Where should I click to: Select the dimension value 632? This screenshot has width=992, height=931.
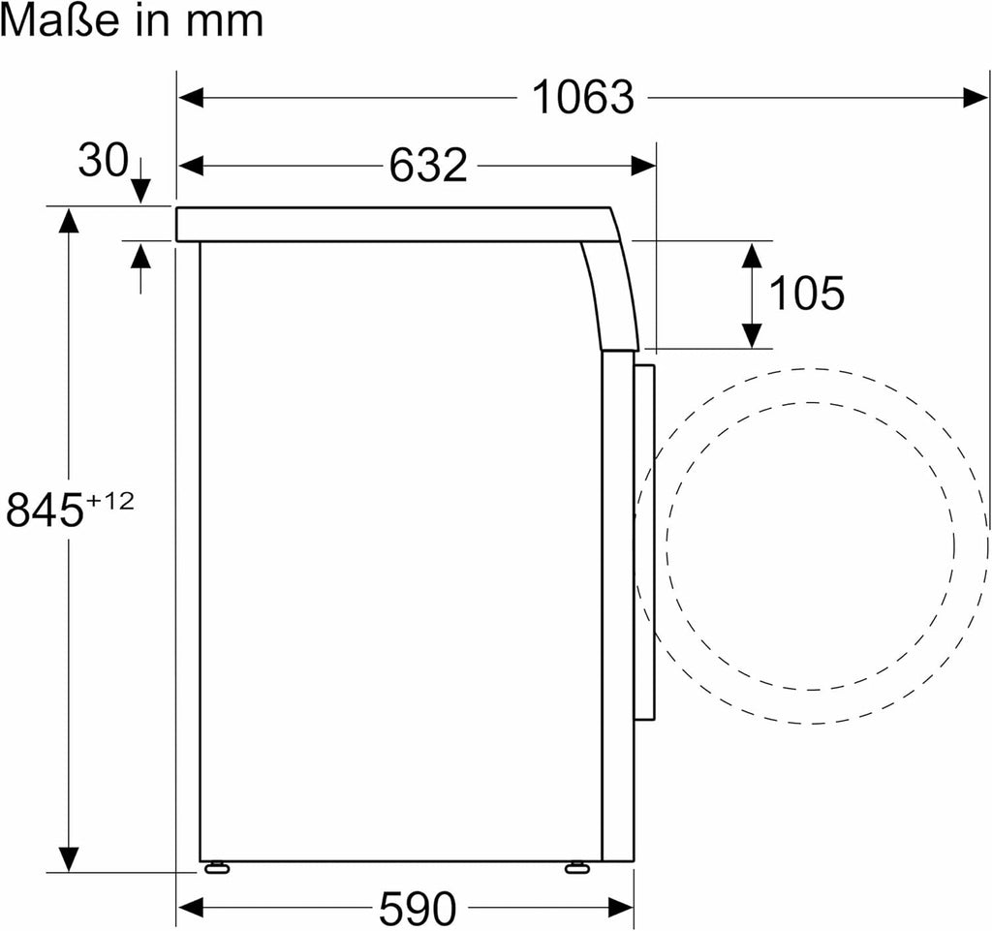pos(428,166)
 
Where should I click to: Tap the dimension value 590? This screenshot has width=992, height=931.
pos(417,908)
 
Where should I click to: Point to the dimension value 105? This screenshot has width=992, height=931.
pos(805,294)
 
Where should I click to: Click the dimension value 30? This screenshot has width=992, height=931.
pos(103,160)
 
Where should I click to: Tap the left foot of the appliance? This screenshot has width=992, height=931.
pos(215,866)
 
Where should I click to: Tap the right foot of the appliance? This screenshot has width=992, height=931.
pos(577,866)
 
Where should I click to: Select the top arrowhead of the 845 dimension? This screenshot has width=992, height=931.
pos(68,221)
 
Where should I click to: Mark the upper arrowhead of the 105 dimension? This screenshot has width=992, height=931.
pos(751,255)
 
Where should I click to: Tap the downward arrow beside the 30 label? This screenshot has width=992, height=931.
pos(140,186)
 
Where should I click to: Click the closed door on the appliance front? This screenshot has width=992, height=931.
pos(645,543)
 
